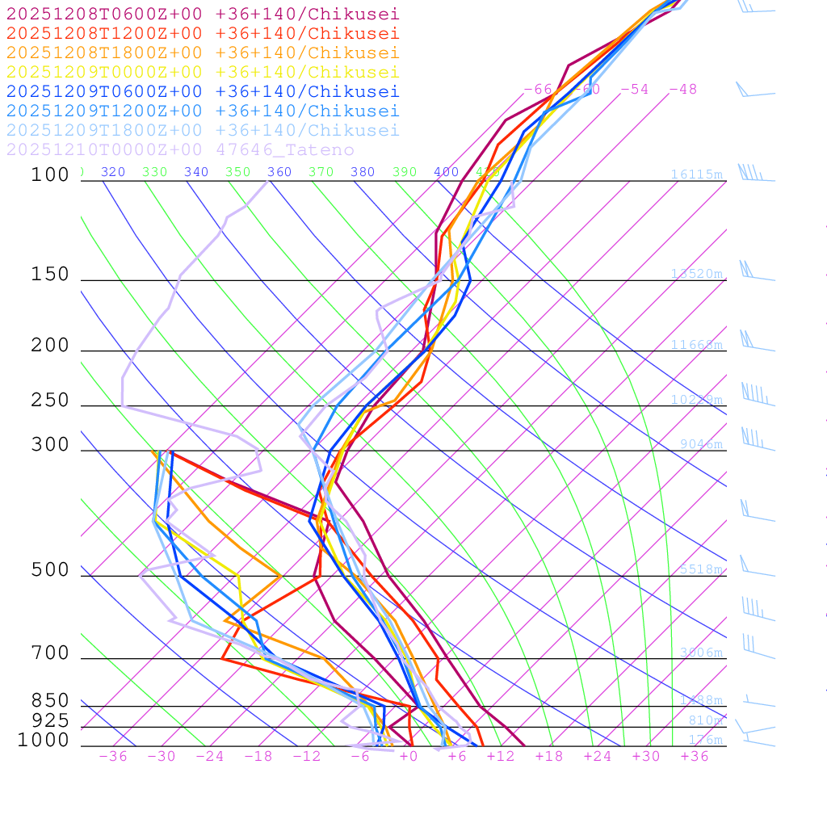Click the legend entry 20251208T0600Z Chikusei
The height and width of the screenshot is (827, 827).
(203, 15)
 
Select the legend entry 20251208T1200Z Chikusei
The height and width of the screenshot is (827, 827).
(203, 34)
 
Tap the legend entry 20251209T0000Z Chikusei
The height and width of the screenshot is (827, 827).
(203, 73)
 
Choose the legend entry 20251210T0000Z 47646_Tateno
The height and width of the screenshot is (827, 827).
(180, 150)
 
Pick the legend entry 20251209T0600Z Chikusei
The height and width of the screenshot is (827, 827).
(203, 92)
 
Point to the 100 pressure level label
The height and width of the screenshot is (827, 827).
(50, 175)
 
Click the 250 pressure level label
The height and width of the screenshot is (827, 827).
(50, 401)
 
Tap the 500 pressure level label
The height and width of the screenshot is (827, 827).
(50, 571)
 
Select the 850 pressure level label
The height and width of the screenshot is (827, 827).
(50, 701)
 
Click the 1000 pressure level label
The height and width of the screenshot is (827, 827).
(44, 741)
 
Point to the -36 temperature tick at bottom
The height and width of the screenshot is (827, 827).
(113, 757)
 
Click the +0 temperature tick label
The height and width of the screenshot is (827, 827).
(409, 757)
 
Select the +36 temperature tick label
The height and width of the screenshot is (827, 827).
(695, 757)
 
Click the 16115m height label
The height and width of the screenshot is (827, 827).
(696, 174)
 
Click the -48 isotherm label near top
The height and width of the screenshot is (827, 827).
(682, 90)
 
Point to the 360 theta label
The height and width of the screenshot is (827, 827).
(279, 172)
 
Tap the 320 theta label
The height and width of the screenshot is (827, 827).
(113, 172)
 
